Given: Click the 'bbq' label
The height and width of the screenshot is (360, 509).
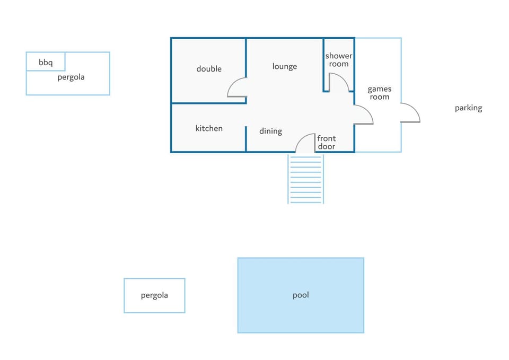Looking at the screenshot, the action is point(46,63).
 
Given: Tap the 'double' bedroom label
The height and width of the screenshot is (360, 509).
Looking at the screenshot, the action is point(209,69).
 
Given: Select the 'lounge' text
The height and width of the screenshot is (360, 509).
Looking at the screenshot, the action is point(285,67).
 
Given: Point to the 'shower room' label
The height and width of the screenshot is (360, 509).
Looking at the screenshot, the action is point(339,60).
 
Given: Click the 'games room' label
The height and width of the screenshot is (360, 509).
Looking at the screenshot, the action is point(380,93).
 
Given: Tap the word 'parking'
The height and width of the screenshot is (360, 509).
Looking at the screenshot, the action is point(468,108).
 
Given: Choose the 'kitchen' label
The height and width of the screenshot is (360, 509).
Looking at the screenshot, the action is point(209,128).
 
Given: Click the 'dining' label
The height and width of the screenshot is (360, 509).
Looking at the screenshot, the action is point(271,131).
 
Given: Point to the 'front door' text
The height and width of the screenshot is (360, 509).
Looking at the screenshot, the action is point(327,142).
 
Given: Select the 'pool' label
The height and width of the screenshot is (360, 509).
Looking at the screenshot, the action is point(301,295).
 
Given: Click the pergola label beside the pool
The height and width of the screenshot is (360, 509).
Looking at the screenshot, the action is point(154,295).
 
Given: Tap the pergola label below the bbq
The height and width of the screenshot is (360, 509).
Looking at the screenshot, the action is point(71,77).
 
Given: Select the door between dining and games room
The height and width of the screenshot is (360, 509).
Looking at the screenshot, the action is point(368,110).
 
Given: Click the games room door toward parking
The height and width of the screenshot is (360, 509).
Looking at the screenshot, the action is point(415,109).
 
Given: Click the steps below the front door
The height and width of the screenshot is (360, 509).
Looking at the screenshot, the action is point(306,179).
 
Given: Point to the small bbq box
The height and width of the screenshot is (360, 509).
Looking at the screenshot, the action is point(46,62).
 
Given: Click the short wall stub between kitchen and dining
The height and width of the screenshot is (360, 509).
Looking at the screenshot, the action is point(246,138).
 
